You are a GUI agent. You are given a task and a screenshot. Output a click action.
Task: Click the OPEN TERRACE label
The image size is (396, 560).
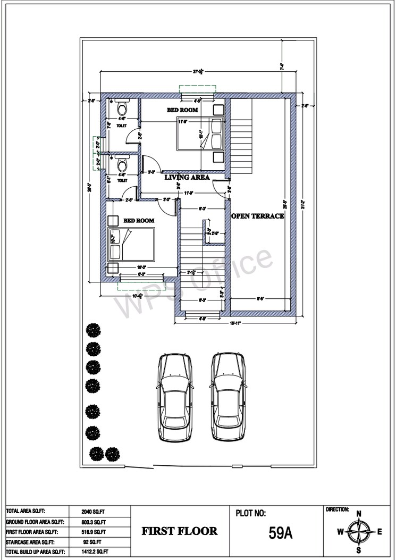(x=257, y=216)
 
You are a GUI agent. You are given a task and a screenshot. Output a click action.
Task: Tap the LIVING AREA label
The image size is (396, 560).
(x=187, y=177)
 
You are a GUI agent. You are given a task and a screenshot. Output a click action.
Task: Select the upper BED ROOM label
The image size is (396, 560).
(x=182, y=110)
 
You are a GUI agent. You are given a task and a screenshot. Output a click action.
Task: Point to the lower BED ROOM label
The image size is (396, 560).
(x=139, y=220)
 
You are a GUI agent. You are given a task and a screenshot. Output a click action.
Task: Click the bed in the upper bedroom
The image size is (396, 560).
(x=201, y=135)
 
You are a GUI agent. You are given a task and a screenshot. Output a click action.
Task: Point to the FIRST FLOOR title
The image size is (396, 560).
(x=179, y=531)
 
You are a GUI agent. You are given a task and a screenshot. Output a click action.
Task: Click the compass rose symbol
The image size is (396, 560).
(x=359, y=531)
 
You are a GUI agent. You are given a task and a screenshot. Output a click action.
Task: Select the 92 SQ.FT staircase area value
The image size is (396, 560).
(x=94, y=542)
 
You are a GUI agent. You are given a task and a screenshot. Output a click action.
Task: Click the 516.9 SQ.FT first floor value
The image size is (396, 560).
(x=95, y=532)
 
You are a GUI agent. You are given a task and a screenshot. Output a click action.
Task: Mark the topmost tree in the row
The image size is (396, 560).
(x=94, y=330)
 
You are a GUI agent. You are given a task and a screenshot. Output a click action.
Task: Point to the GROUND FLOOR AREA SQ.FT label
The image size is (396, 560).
(x=35, y=522)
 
